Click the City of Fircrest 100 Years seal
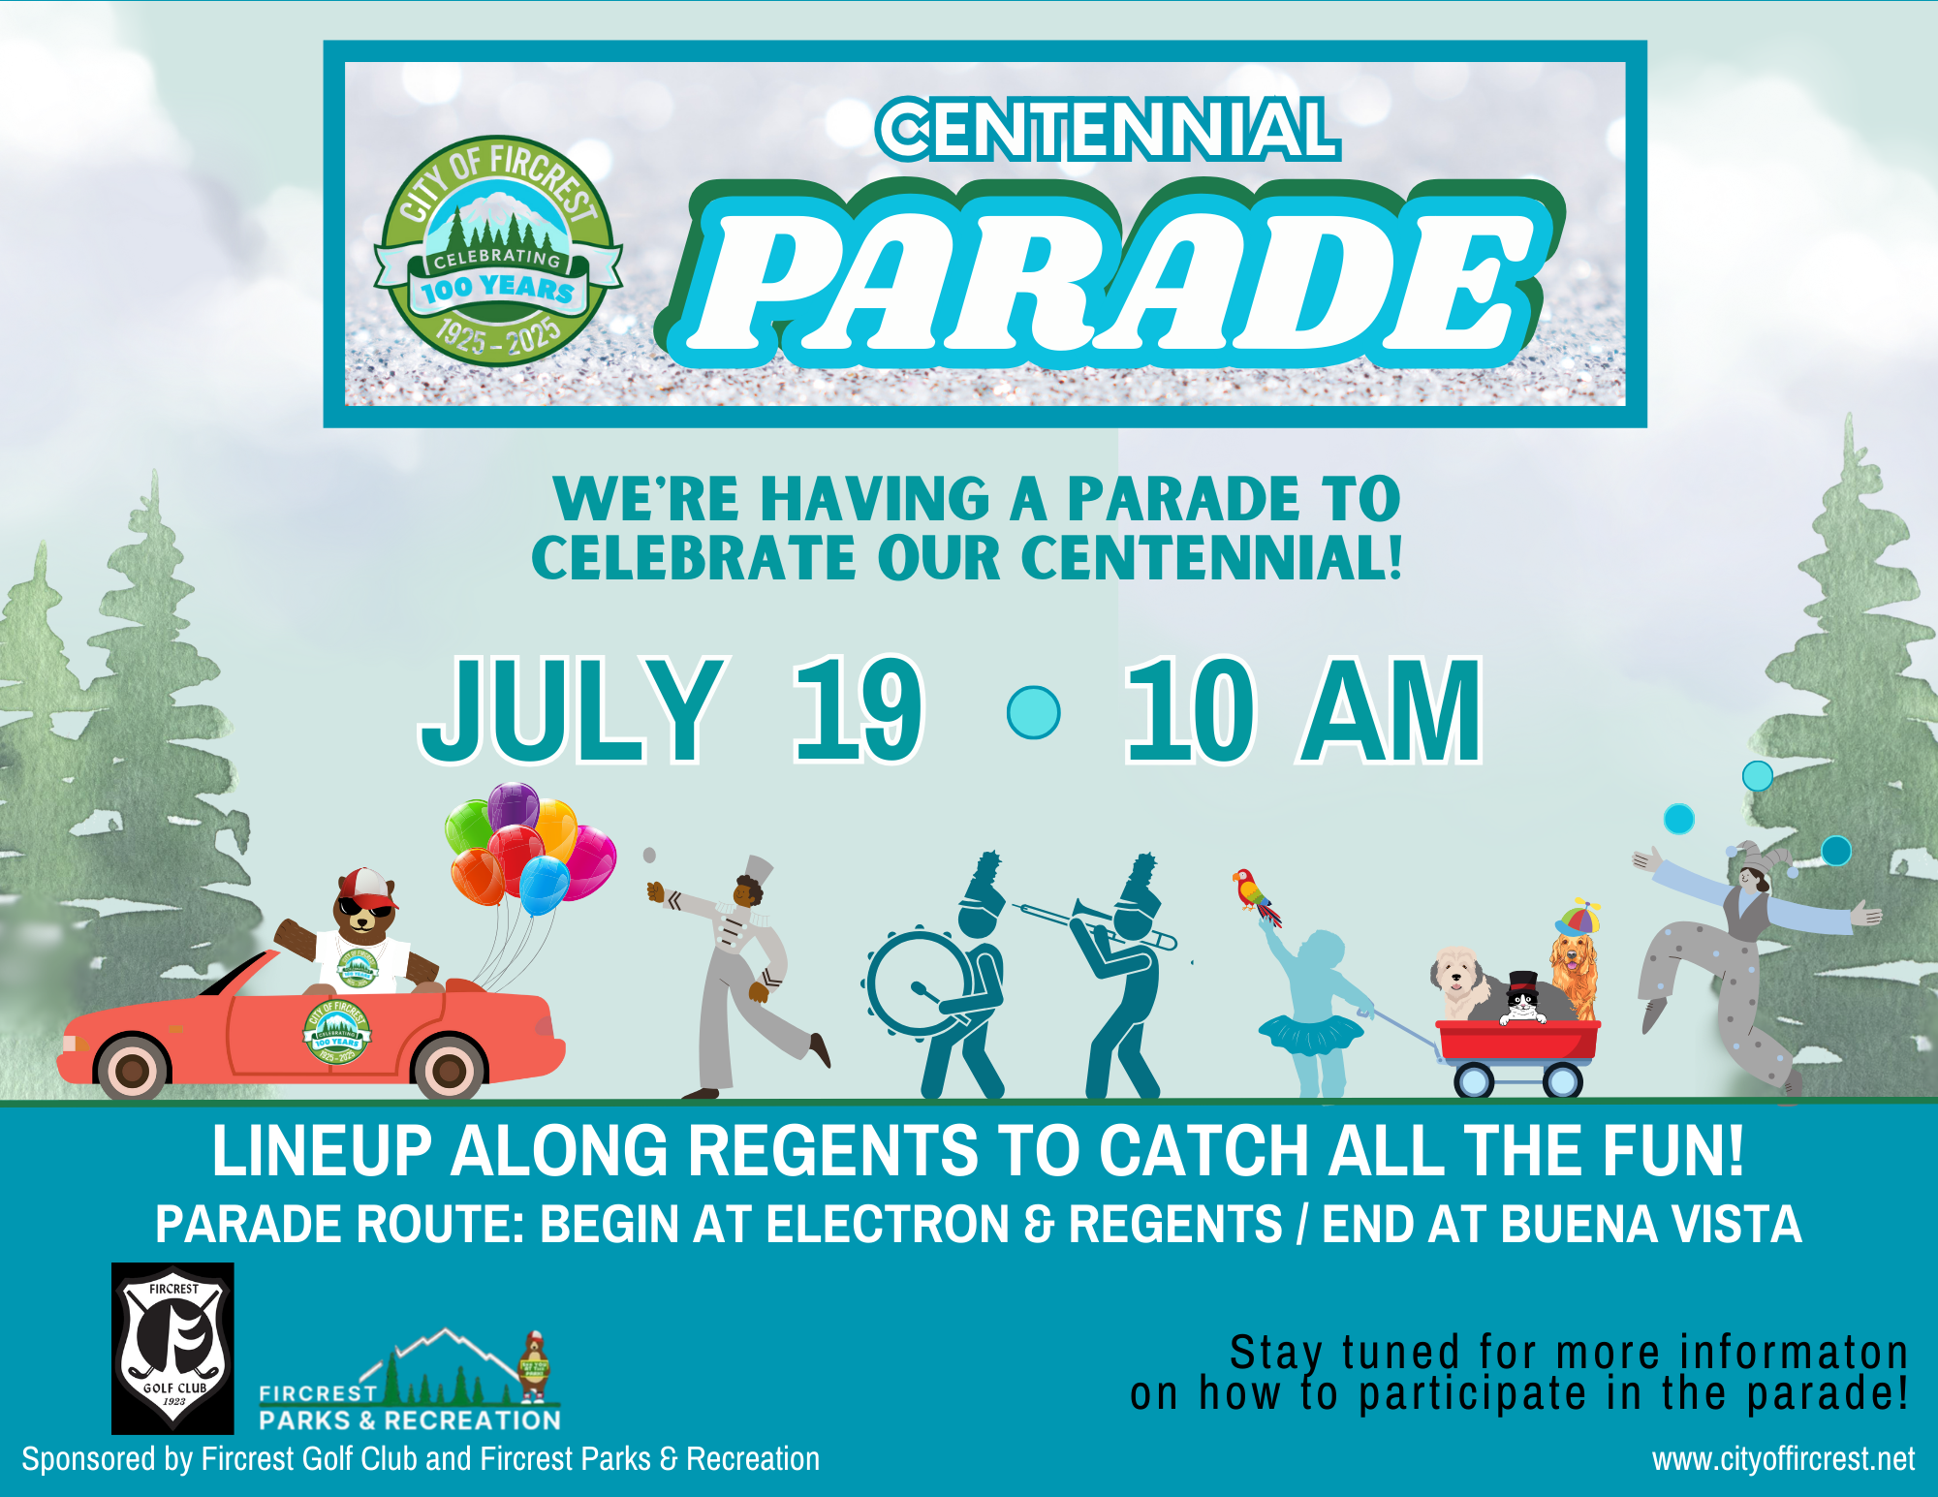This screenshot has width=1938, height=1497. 498,249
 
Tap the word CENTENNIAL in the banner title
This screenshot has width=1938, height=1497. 1109,129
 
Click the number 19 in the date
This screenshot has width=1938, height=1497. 859,709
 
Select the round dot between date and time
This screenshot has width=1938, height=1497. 1034,712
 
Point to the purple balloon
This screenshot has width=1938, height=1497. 513,806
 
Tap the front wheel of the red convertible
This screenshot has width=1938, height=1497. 449,1069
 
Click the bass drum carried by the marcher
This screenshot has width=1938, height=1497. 916,984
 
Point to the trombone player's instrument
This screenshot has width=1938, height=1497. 1095,922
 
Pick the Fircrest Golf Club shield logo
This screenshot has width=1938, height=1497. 172,1348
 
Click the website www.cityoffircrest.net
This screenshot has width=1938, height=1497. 1783,1459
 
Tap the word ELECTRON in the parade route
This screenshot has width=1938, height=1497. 889,1224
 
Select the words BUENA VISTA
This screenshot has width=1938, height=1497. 1651,1224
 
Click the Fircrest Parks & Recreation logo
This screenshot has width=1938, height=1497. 410,1381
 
